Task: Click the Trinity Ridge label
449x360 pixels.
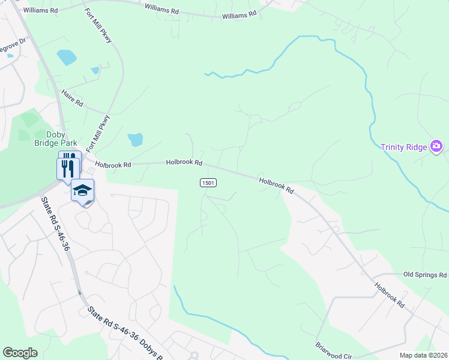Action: (x=405, y=147)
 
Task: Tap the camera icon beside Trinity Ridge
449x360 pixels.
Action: (x=436, y=146)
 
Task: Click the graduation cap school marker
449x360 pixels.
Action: (x=82, y=191)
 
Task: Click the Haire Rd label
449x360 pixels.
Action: (x=71, y=100)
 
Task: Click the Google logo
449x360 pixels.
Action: (x=20, y=353)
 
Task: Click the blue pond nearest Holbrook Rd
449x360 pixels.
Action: (x=135, y=140)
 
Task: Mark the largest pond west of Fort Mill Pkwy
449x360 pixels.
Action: (x=67, y=58)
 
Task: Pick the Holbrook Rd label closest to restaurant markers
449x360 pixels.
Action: (x=112, y=163)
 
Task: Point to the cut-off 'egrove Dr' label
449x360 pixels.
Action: (x=13, y=46)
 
